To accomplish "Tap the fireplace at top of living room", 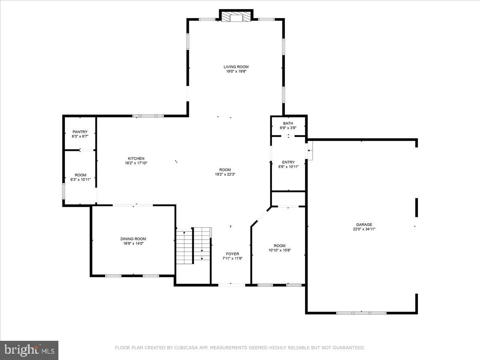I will click(x=236, y=17).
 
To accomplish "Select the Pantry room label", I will click(x=80, y=132).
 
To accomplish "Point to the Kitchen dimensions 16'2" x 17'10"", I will click(x=136, y=163).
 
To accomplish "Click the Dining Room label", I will click(x=133, y=239).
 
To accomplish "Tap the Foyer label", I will click(x=232, y=254).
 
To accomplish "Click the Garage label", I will click(x=364, y=224).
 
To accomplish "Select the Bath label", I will click(x=288, y=123).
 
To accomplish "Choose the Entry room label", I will click(x=288, y=162).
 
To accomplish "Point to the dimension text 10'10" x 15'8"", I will click(x=280, y=250).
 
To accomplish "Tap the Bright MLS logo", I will click(x=29, y=350).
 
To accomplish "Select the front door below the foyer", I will click(x=232, y=285).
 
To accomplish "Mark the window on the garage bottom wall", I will click(x=361, y=313).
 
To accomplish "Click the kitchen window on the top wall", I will click(x=148, y=116).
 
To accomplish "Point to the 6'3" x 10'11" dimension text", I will click(x=80, y=180).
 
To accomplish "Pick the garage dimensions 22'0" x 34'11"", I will click(x=364, y=229).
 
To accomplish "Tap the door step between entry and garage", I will click(x=310, y=151).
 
